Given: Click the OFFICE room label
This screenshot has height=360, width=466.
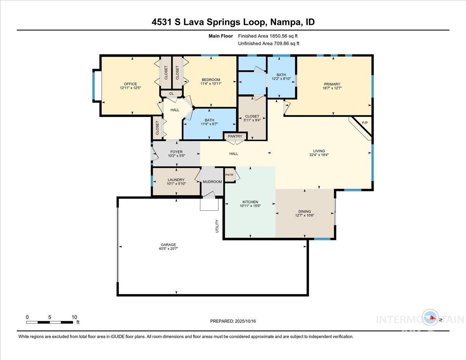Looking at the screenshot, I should click(130, 84).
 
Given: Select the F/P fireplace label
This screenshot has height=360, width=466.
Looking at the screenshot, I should click(365, 123).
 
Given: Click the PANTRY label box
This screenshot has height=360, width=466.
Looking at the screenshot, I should click(235, 136).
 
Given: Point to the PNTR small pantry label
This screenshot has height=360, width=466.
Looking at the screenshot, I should click(230, 175).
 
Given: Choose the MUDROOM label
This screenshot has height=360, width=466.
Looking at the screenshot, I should click(212, 182).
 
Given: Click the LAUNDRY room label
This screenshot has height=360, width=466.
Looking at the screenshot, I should click(176, 180).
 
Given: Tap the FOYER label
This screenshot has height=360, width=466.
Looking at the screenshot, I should click(176, 152).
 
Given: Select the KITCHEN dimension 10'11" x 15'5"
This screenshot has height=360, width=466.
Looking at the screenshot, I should click(250, 206).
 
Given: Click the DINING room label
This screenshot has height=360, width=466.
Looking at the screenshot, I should click(304, 212).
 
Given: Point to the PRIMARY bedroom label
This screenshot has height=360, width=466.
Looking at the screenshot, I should click(332, 84).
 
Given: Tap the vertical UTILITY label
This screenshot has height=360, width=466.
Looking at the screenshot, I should click(217, 226).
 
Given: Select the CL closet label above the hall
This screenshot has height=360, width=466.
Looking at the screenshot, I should click(171, 93).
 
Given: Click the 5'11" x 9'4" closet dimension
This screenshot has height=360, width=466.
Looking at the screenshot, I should click(252, 120).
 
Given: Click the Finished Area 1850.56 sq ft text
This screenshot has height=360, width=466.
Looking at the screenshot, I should click(268, 36).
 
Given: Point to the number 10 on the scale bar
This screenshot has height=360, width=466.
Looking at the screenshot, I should click(74, 317).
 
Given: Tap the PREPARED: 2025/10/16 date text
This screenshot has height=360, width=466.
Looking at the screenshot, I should click(233, 321).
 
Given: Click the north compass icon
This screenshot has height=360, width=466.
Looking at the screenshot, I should click(431, 318).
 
